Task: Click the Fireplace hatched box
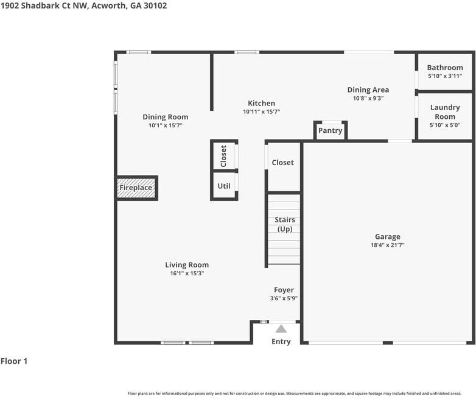pyautogui.click(x=136, y=188)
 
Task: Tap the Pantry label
pyautogui.click(x=330, y=130)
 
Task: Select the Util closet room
pyautogui.click(x=224, y=186)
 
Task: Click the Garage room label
pyautogui.click(x=387, y=236)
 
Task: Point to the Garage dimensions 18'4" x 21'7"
pyautogui.click(x=387, y=245)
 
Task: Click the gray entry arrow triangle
pyautogui.click(x=281, y=329)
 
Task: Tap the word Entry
pyautogui.click(x=281, y=342)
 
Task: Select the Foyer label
pyautogui.click(x=284, y=290)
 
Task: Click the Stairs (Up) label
pyautogui.click(x=285, y=224)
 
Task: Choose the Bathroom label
pyautogui.click(x=444, y=68)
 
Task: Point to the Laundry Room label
pyautogui.click(x=444, y=112)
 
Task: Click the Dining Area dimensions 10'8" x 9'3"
pyautogui.click(x=368, y=98)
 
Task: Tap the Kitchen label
pyautogui.click(x=261, y=103)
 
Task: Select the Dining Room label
pyautogui.click(x=165, y=116)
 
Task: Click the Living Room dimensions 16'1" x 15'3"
pyautogui.click(x=187, y=274)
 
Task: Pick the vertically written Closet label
pyautogui.click(x=223, y=156)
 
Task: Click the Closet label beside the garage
pyautogui.click(x=282, y=163)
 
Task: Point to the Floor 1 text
pyautogui.click(x=14, y=361)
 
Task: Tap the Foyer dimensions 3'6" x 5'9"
pyautogui.click(x=284, y=298)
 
